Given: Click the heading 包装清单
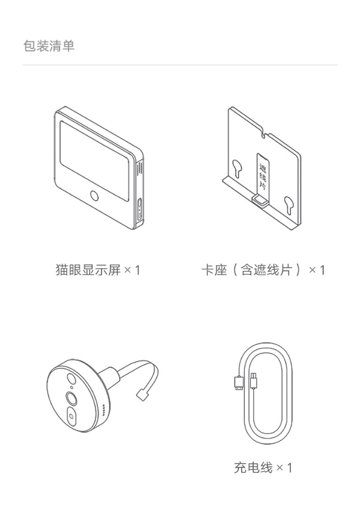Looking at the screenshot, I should click(48, 46).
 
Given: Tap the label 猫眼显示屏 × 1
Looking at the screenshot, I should click(98, 270).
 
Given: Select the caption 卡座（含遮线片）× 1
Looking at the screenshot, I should click(263, 270).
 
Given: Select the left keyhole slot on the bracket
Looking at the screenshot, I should click(237, 167).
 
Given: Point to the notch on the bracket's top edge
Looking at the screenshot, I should click(264, 134).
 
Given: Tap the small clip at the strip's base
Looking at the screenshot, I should click(258, 199).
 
